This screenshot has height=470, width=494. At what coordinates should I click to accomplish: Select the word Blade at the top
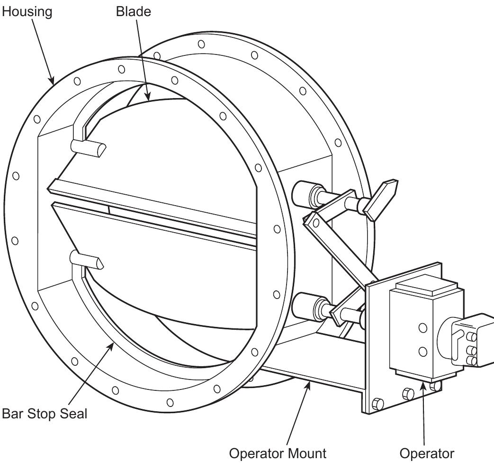point(134,12)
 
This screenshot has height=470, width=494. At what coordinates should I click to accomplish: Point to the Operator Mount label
point(278,453)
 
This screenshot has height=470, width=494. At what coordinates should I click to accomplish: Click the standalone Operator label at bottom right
point(427,453)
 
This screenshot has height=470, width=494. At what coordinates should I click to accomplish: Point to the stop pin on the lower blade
point(85,260)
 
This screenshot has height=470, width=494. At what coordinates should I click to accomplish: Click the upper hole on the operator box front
point(422,327)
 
